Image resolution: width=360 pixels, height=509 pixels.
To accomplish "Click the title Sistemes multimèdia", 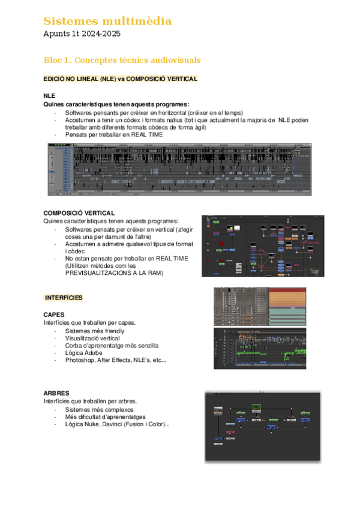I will [107, 22].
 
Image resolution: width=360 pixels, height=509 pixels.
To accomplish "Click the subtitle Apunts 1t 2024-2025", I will [82, 34].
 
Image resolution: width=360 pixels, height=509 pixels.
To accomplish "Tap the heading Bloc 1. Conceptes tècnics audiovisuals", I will [122, 61].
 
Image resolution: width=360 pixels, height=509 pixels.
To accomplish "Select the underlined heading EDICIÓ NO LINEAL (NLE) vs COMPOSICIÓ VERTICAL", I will [121, 79].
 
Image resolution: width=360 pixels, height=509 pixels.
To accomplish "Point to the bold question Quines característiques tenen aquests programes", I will [116, 104].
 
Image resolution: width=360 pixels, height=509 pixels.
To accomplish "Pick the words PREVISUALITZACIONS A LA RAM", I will [113, 273].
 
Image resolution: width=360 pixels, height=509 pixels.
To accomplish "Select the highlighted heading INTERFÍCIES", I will [64, 298].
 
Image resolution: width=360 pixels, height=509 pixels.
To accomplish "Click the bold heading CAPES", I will [54, 315].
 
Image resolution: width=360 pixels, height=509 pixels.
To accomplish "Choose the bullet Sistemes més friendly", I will [95, 331].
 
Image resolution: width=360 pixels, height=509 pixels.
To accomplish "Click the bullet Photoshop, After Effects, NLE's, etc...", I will [115, 360].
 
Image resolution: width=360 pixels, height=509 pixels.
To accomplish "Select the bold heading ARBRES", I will [56, 393].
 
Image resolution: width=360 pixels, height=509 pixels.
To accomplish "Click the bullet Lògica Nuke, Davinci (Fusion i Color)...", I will [117, 424].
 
